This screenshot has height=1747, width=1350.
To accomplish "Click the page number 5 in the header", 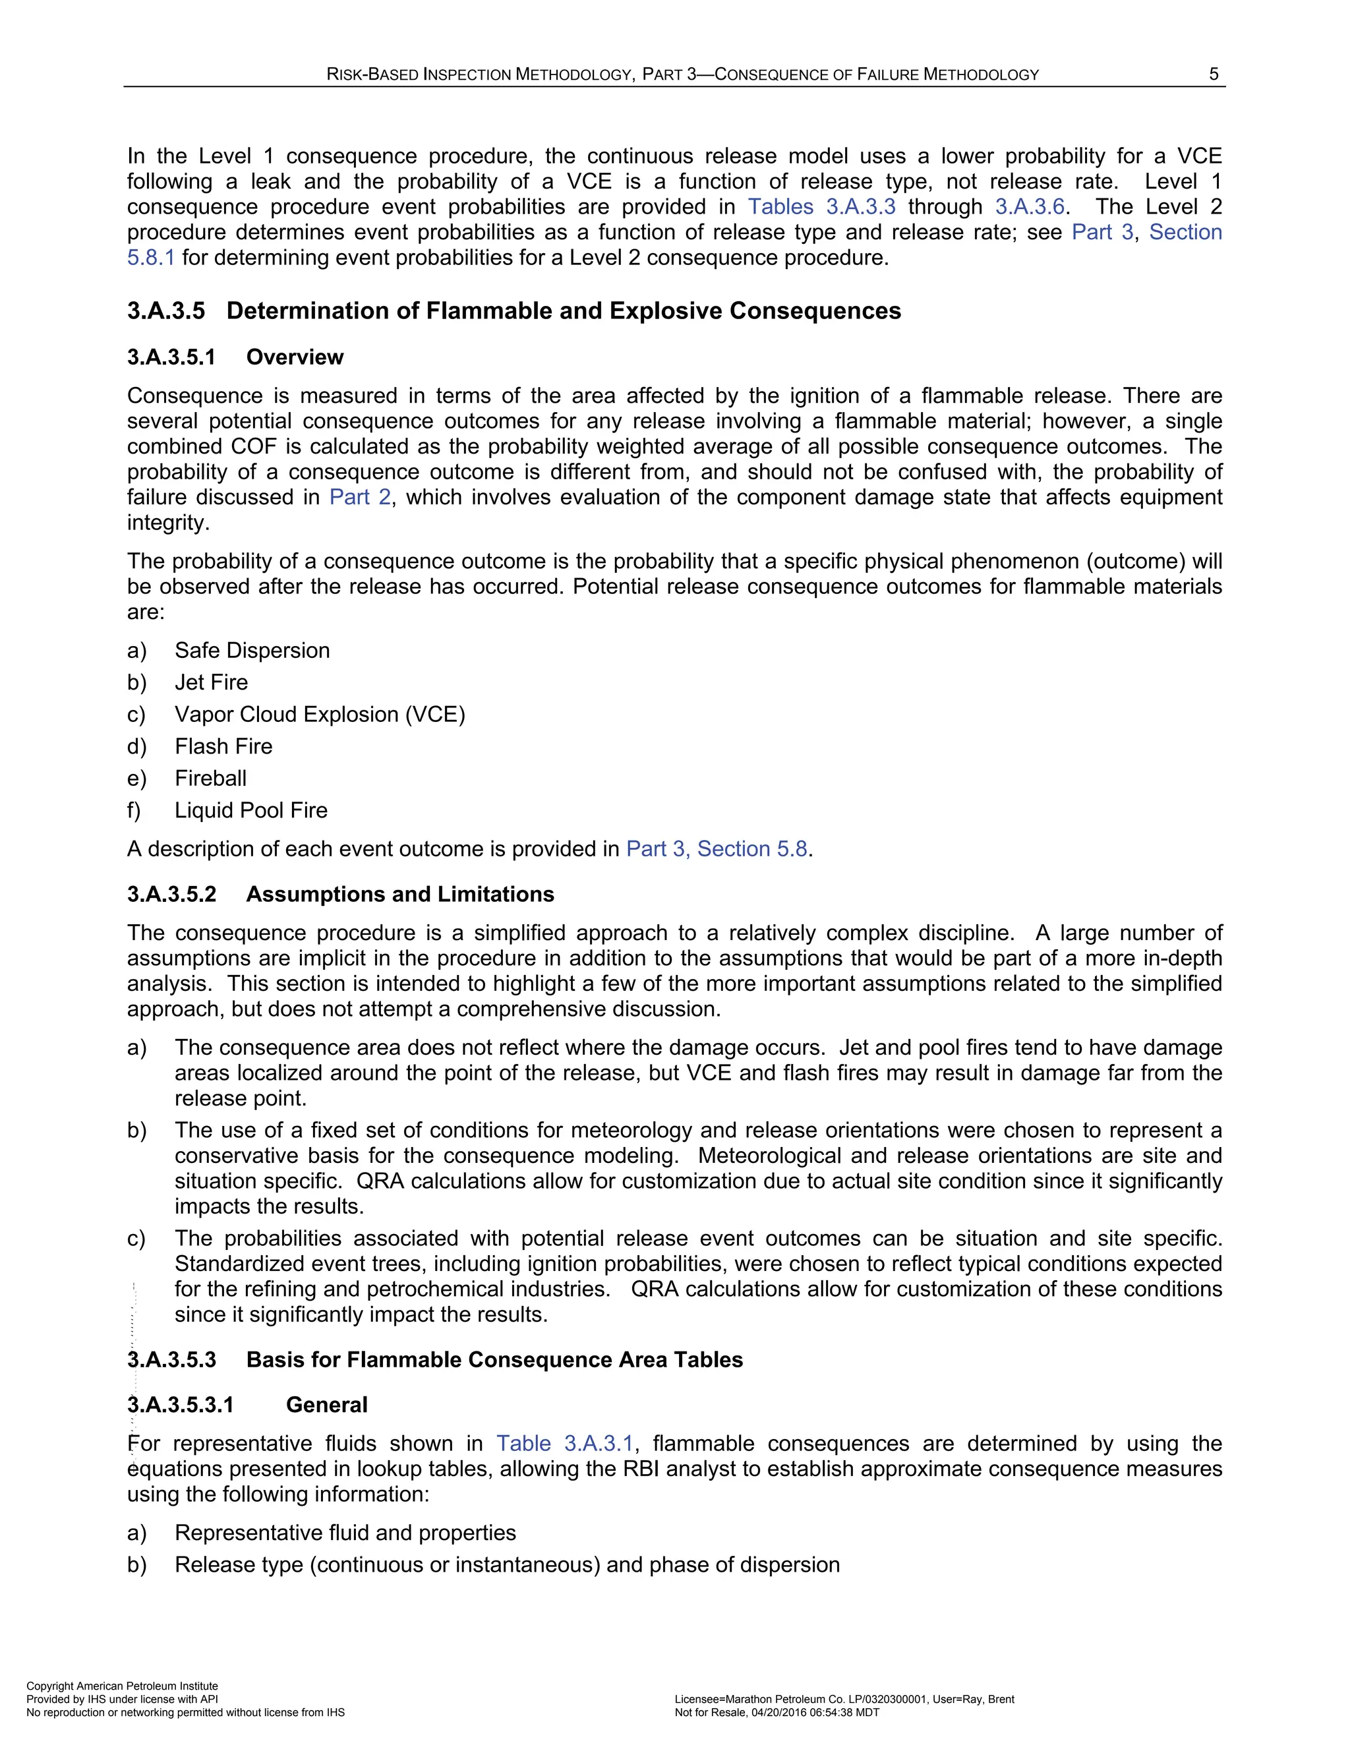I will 1214,74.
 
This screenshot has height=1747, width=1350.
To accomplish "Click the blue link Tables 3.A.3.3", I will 821,207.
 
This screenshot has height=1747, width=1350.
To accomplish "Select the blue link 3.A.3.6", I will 1029,207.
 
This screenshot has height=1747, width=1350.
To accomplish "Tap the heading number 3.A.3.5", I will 166,311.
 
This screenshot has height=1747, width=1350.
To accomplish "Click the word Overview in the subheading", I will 294,357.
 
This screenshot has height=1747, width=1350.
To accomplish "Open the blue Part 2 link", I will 360,498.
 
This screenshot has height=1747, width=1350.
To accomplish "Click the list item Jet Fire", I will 211,682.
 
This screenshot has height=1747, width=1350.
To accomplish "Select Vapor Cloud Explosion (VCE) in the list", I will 320,715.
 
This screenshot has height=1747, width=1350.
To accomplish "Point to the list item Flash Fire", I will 223,746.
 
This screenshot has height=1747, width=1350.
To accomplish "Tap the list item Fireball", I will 210,779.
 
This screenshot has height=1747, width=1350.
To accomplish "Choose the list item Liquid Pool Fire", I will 251,810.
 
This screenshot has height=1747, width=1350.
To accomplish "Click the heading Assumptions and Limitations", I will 400,895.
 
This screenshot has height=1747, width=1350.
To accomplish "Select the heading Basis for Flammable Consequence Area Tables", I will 494,1360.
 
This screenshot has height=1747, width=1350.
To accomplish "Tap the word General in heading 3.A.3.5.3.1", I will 326,1405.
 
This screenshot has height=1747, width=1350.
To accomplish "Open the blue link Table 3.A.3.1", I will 565,1444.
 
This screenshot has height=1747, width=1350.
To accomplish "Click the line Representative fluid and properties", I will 345,1533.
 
